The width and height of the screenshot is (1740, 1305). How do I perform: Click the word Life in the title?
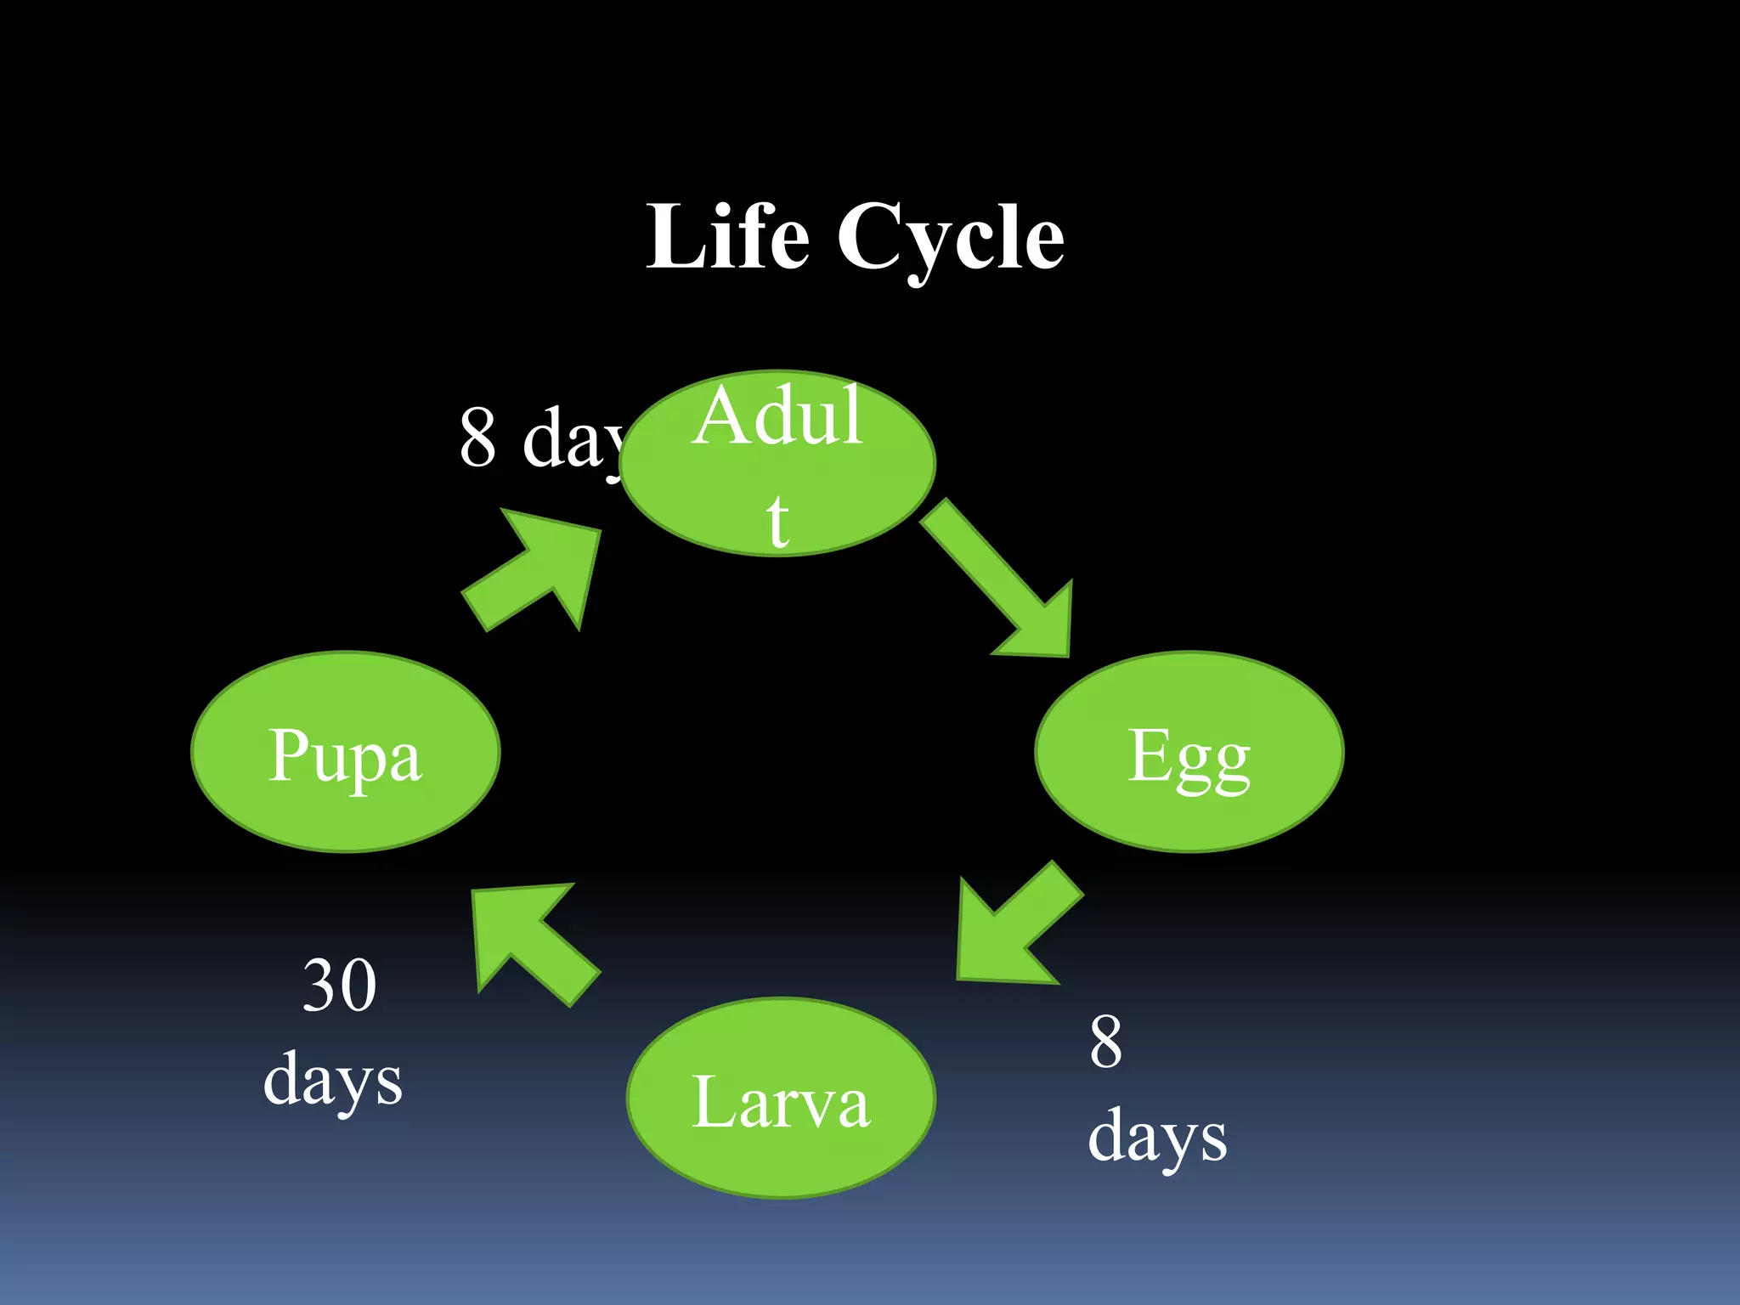pyautogui.click(x=728, y=237)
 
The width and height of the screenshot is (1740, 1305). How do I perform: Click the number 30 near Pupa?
pyautogui.click(x=339, y=986)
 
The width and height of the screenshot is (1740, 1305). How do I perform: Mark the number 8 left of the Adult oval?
pyautogui.click(x=477, y=437)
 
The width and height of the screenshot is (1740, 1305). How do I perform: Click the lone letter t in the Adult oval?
pyautogui.click(x=777, y=519)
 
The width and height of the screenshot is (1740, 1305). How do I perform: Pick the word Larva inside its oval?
pyautogui.click(x=781, y=1102)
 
